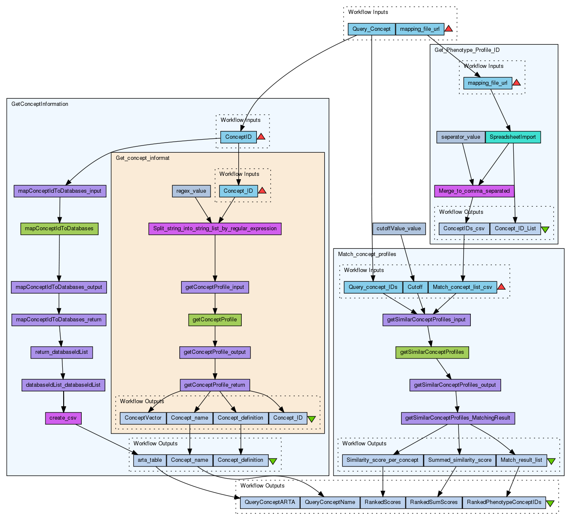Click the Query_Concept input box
(371, 29)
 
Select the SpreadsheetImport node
(513, 137)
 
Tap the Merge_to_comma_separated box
(474, 191)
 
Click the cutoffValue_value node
(399, 229)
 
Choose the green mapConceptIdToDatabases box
(59, 229)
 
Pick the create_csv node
(63, 418)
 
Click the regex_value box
(191, 191)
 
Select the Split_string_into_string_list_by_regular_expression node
(215, 229)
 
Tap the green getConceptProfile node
(215, 320)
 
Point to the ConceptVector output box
(143, 418)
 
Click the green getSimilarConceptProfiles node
(432, 352)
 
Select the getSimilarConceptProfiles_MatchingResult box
(458, 418)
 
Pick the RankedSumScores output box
(434, 502)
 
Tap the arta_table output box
(150, 460)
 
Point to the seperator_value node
(461, 137)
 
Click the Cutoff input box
(415, 287)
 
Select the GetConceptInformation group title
(40, 104)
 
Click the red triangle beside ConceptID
(261, 137)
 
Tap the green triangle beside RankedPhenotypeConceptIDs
(550, 503)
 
